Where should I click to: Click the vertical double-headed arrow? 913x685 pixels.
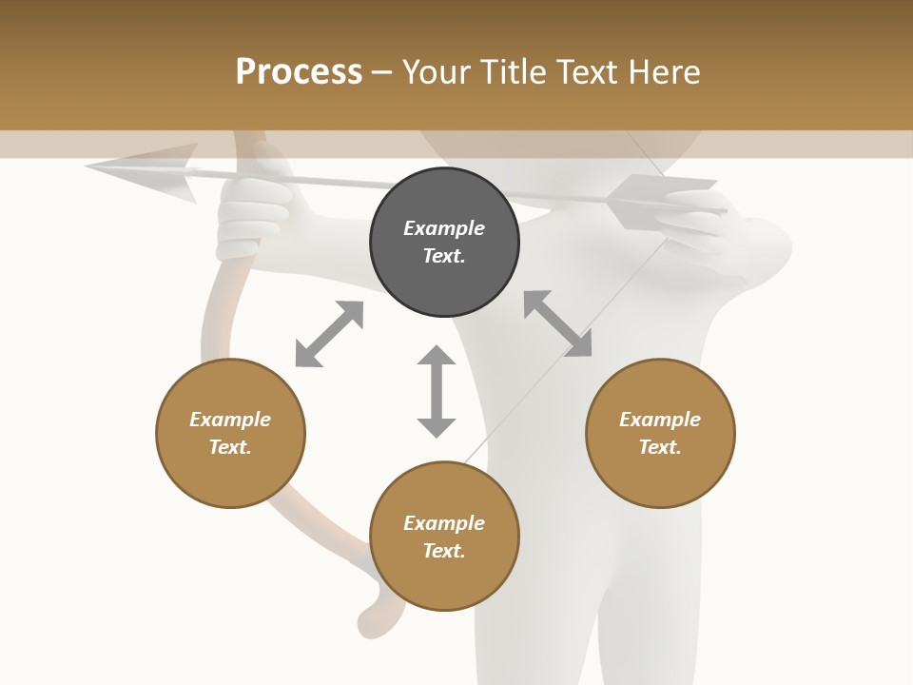coord(437,391)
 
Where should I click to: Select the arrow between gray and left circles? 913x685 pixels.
coord(329,334)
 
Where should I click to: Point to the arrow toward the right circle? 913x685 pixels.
coord(558,323)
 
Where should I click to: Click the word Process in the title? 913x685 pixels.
coord(299,71)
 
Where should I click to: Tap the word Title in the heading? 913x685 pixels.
coord(514,71)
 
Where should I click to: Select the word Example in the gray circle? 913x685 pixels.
coord(444,228)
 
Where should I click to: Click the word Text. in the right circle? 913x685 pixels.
coord(660,447)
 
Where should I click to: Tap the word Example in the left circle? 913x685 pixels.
coord(230,420)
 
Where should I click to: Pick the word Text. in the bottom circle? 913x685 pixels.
coord(444,551)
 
